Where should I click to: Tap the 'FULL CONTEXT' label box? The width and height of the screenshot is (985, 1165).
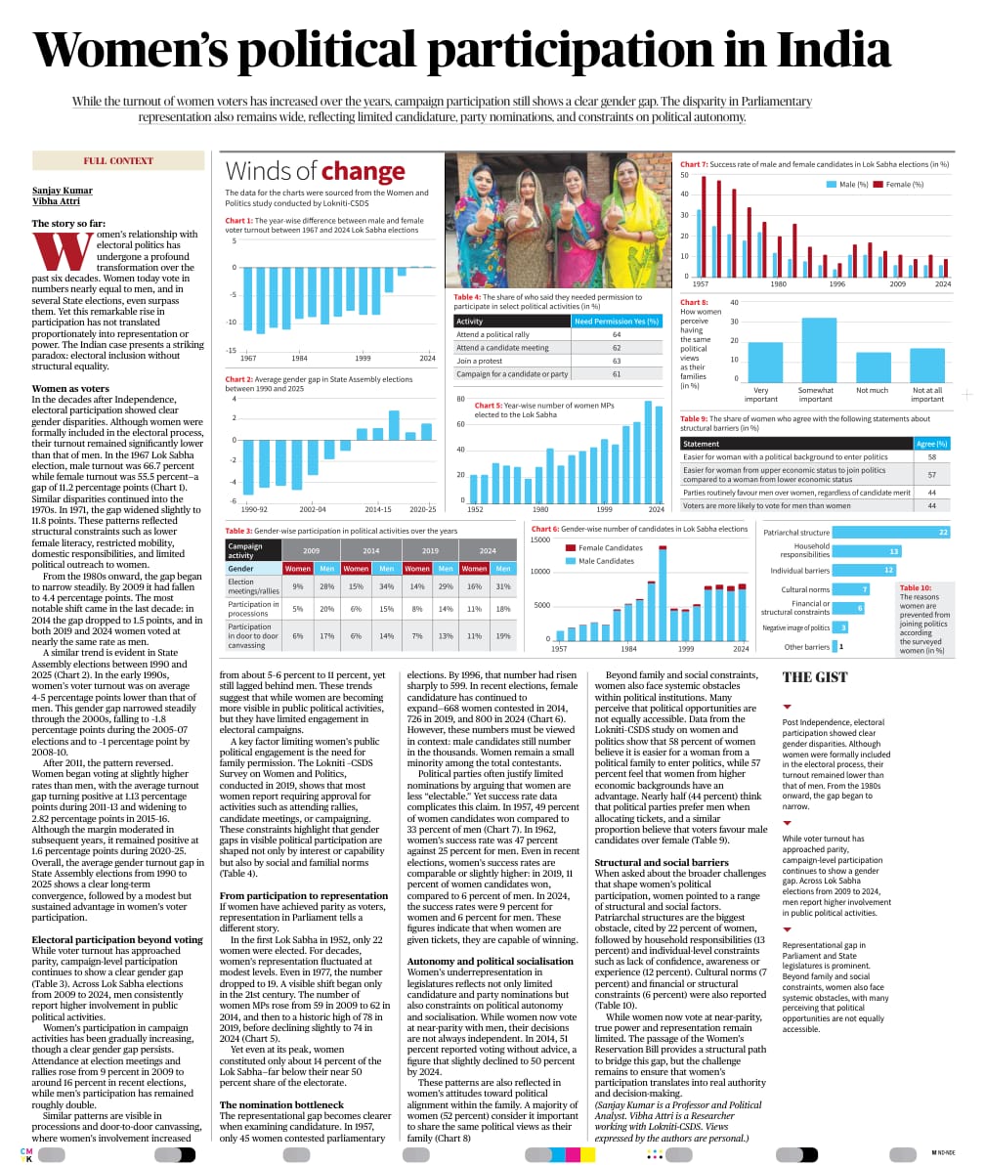[x=118, y=161]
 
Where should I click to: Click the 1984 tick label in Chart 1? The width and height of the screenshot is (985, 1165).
[x=299, y=358]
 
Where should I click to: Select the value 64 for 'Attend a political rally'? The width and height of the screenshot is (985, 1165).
[x=617, y=334]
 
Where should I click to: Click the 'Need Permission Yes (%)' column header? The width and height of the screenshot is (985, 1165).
[x=617, y=321]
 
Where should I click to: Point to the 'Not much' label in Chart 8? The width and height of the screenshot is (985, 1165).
[x=873, y=389]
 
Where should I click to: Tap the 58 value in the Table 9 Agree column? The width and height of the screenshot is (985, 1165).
[x=931, y=456]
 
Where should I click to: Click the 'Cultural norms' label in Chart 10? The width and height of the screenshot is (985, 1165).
[x=805, y=589]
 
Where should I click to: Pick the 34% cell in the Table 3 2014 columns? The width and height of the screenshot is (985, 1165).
[x=387, y=586]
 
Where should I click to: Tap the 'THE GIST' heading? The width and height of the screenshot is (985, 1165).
[x=815, y=676]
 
